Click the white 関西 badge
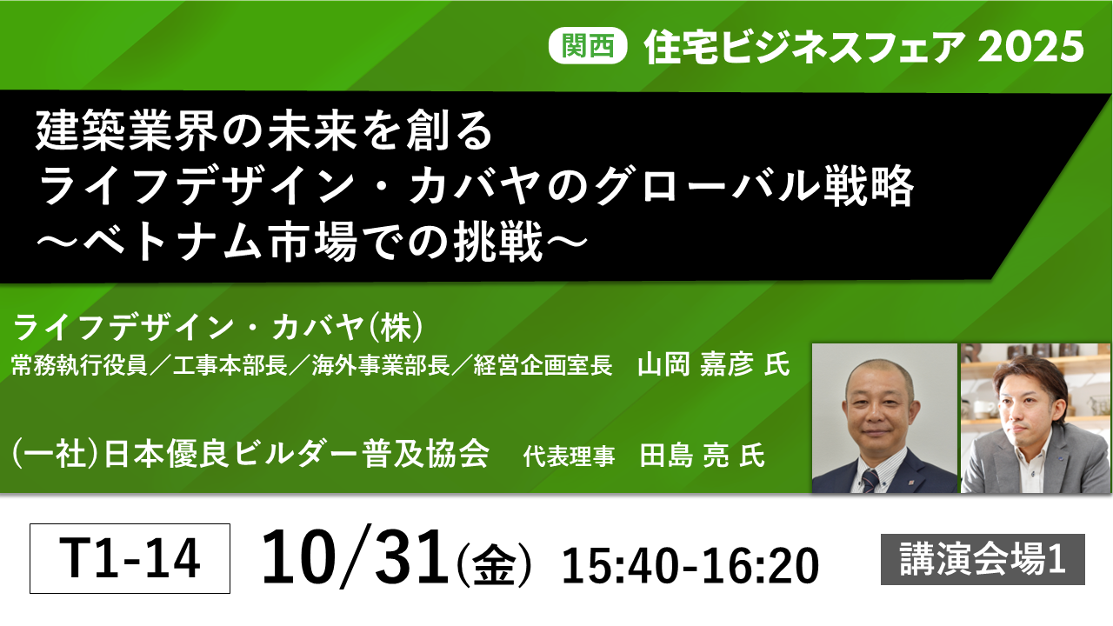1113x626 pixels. pos(588,46)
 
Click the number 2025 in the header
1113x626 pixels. pos(1031,47)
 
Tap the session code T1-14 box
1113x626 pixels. pos(130,558)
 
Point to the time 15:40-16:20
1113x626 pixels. pos(690,565)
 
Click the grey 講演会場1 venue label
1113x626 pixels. pos(983,559)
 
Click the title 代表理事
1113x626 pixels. pos(569,456)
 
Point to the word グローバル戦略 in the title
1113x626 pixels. pos(754,186)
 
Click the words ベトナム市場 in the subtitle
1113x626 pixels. pos(220,242)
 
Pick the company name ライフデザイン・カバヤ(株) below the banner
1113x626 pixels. pos(218,327)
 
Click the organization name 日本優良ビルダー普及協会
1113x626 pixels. pos(297,454)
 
